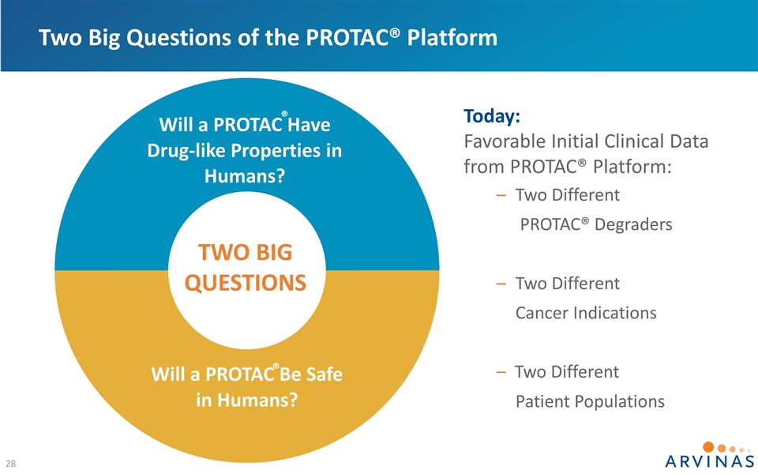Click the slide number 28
10,464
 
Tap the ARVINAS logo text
710,461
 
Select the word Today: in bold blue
492,116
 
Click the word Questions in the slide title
179,38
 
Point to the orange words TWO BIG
245,253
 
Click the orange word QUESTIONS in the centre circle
246,283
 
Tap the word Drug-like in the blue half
186,150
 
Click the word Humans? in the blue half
245,175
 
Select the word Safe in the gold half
325,374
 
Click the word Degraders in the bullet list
633,225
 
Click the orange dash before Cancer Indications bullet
501,284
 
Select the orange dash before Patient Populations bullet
501,372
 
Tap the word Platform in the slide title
452,38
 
